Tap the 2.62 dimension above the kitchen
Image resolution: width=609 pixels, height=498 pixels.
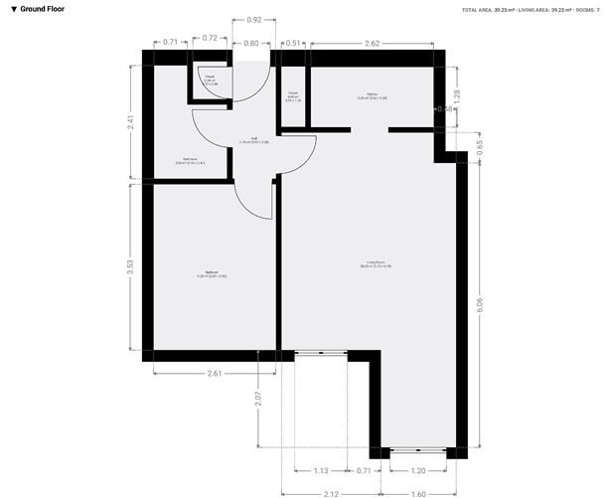pyautogui.click(x=372, y=43)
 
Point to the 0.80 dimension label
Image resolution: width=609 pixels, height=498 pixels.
pyautogui.click(x=250, y=43)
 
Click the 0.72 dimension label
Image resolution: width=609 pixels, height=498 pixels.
pyautogui.click(x=210, y=37)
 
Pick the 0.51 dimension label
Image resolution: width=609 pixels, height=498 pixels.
pyautogui.click(x=292, y=43)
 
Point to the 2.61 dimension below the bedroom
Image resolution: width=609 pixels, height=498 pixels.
pyautogui.click(x=215, y=373)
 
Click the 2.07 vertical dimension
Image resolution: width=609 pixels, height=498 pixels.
pyautogui.click(x=257, y=399)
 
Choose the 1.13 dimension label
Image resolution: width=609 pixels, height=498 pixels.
pyautogui.click(x=321, y=470)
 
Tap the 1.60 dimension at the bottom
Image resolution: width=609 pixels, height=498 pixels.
pyautogui.click(x=417, y=494)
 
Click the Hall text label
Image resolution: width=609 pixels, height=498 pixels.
pyautogui.click(x=254, y=139)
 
